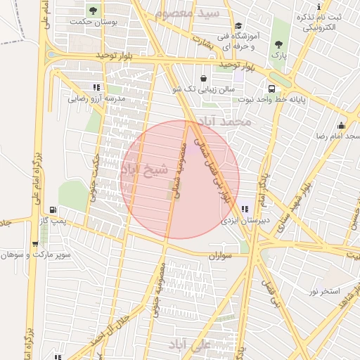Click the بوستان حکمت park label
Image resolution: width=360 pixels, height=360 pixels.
[92, 22]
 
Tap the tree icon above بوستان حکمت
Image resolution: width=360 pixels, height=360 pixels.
[93, 10]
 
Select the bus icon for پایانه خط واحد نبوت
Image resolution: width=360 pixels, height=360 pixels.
[271, 89]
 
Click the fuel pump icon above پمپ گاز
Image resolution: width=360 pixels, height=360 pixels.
[53, 210]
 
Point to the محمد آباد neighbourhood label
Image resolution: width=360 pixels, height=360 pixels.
[226, 122]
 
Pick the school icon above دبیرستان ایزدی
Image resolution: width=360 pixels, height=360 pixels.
[245, 208]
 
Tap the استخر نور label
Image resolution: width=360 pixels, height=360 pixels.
[324, 290]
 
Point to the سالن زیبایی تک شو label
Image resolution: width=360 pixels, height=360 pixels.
[202, 90]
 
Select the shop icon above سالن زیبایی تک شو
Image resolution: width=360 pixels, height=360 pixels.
[203, 78]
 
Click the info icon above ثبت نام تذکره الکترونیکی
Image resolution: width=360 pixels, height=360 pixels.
[319, 6]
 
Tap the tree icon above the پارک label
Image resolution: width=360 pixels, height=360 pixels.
[279, 43]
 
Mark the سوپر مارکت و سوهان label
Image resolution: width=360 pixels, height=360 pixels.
[37, 255]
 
